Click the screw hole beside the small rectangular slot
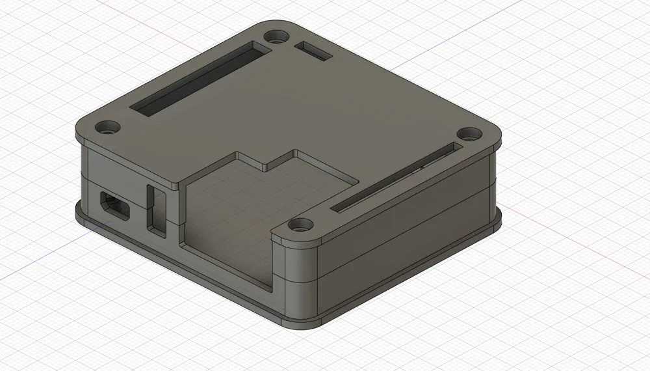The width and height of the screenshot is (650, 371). click(278, 34)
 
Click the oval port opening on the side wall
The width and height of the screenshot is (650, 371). click(114, 205)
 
